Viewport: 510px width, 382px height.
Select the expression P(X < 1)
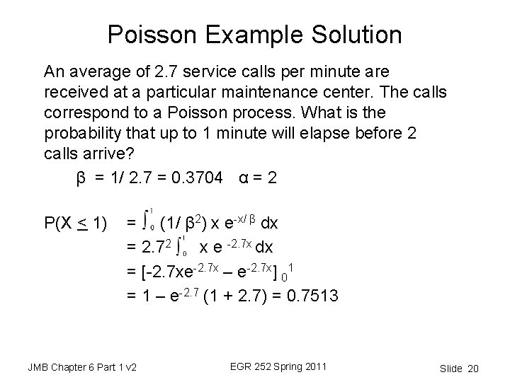pyautogui.click(x=75, y=226)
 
